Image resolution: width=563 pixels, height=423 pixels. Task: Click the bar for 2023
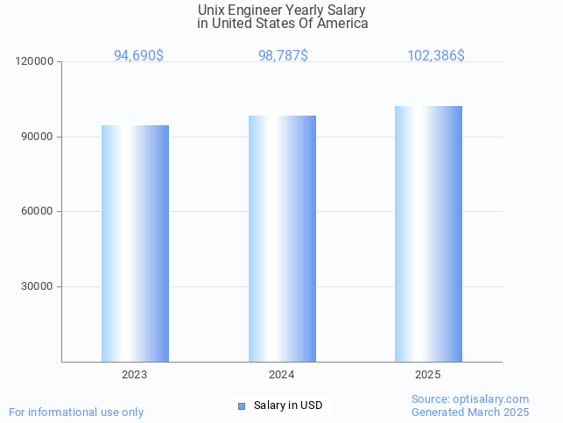(x=135, y=243)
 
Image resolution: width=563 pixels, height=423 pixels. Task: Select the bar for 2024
(x=282, y=238)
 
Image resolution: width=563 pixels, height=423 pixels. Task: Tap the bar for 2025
(x=428, y=234)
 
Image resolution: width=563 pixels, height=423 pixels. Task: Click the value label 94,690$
(x=138, y=56)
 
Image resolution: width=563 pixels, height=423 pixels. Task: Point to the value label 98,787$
(x=283, y=56)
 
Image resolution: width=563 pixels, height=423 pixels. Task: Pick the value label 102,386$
(x=436, y=56)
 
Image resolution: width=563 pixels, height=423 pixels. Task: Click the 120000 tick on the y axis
(x=36, y=62)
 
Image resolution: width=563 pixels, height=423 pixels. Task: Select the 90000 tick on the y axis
(x=39, y=137)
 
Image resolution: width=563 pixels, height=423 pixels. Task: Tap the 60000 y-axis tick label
(x=39, y=212)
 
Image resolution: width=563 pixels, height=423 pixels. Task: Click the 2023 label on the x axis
(x=135, y=375)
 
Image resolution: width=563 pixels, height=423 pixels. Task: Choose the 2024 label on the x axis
(x=282, y=375)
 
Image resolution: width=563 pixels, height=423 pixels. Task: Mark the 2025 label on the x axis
(x=428, y=375)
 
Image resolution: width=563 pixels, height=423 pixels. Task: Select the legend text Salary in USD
(x=288, y=405)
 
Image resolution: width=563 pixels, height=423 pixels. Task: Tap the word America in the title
(x=344, y=24)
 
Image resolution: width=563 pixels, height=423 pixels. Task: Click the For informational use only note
(x=76, y=412)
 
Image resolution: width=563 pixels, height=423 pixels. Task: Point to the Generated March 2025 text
(x=470, y=412)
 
